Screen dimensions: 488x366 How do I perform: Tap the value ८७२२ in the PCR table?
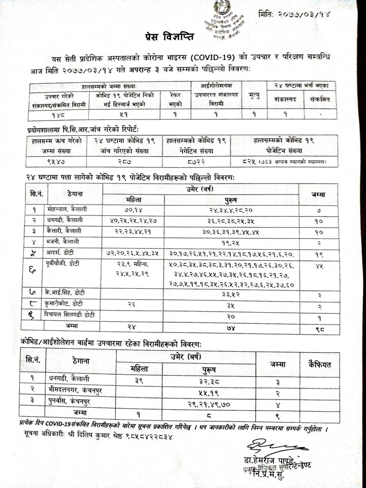coord(197,162)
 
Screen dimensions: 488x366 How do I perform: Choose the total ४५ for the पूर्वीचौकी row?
coord(317,265)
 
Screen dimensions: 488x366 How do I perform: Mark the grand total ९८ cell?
coord(317,326)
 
